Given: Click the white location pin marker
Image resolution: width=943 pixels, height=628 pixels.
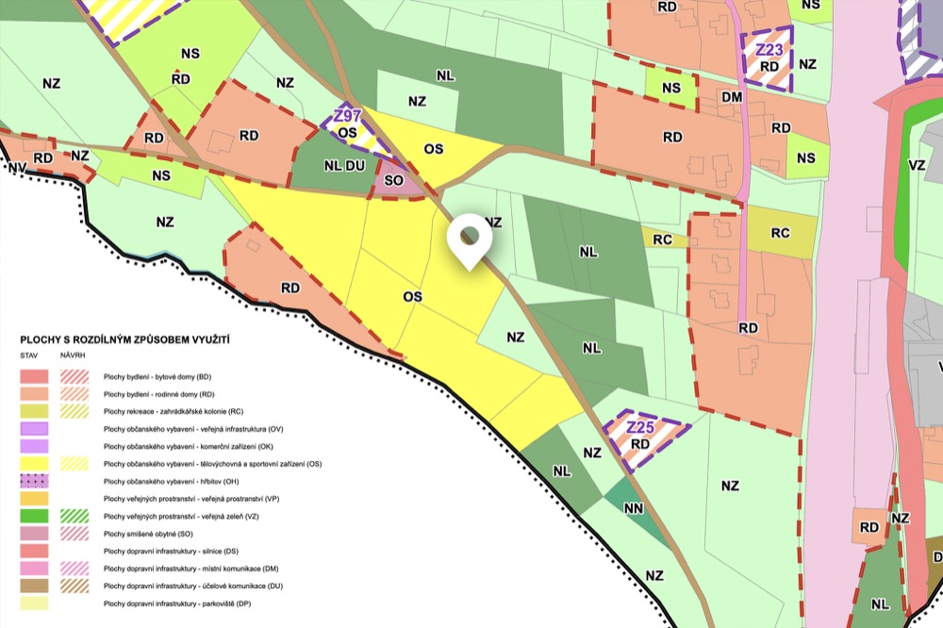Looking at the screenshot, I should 468,240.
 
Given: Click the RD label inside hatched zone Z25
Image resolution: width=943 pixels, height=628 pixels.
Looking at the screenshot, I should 640,444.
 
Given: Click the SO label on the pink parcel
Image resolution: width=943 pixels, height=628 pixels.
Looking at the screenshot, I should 395,179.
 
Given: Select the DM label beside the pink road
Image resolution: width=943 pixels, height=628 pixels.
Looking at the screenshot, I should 732,96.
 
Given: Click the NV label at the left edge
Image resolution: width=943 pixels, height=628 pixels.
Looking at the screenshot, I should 16,167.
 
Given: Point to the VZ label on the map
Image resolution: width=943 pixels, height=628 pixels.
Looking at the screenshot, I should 916,164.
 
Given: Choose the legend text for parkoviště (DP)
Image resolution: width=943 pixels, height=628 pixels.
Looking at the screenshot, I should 177,603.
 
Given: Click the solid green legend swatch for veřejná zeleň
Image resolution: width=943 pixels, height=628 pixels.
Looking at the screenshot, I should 36,516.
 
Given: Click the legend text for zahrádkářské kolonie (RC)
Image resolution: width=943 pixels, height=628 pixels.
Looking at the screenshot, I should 174,412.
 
